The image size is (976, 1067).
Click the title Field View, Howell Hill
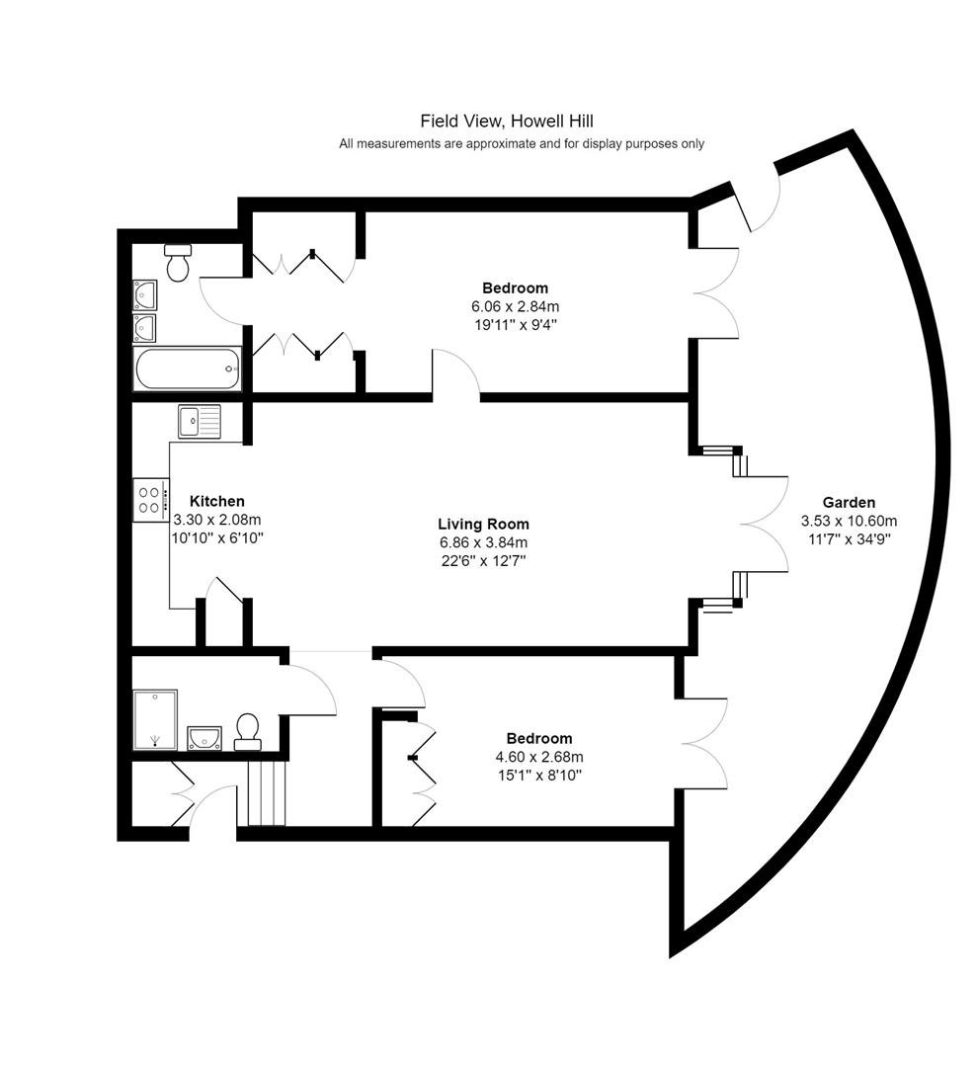click(x=507, y=122)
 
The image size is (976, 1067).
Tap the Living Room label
click(x=483, y=524)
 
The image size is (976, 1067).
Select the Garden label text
click(x=849, y=502)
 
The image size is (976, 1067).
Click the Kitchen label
click(x=217, y=501)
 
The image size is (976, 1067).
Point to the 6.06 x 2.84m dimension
click(x=516, y=306)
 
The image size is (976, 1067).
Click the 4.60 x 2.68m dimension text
click(x=539, y=757)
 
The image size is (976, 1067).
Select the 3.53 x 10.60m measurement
click(x=849, y=522)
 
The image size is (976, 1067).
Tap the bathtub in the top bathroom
click(x=188, y=369)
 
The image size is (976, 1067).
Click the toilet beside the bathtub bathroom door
click(x=179, y=263)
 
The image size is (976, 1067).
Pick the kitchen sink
click(x=200, y=421)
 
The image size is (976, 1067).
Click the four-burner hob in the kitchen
click(x=150, y=500)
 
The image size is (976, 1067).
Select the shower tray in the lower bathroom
click(x=155, y=720)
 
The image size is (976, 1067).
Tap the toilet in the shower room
click(x=247, y=731)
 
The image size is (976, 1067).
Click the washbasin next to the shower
click(x=204, y=738)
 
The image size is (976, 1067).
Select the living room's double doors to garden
click(x=764, y=524)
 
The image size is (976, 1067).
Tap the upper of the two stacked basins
click(x=145, y=294)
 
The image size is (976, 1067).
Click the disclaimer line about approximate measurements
click(x=522, y=143)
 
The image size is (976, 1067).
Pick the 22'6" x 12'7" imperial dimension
click(x=483, y=561)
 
